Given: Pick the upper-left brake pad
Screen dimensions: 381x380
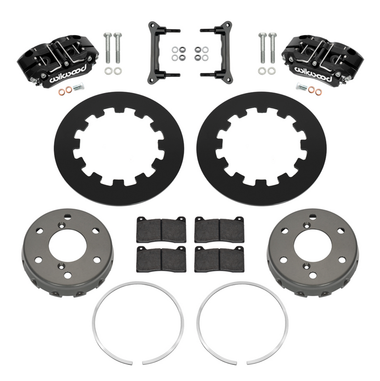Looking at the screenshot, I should (161, 229).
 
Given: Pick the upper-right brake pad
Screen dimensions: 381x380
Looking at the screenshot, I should (219, 229).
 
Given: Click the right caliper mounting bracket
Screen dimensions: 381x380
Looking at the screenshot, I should (223, 52).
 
